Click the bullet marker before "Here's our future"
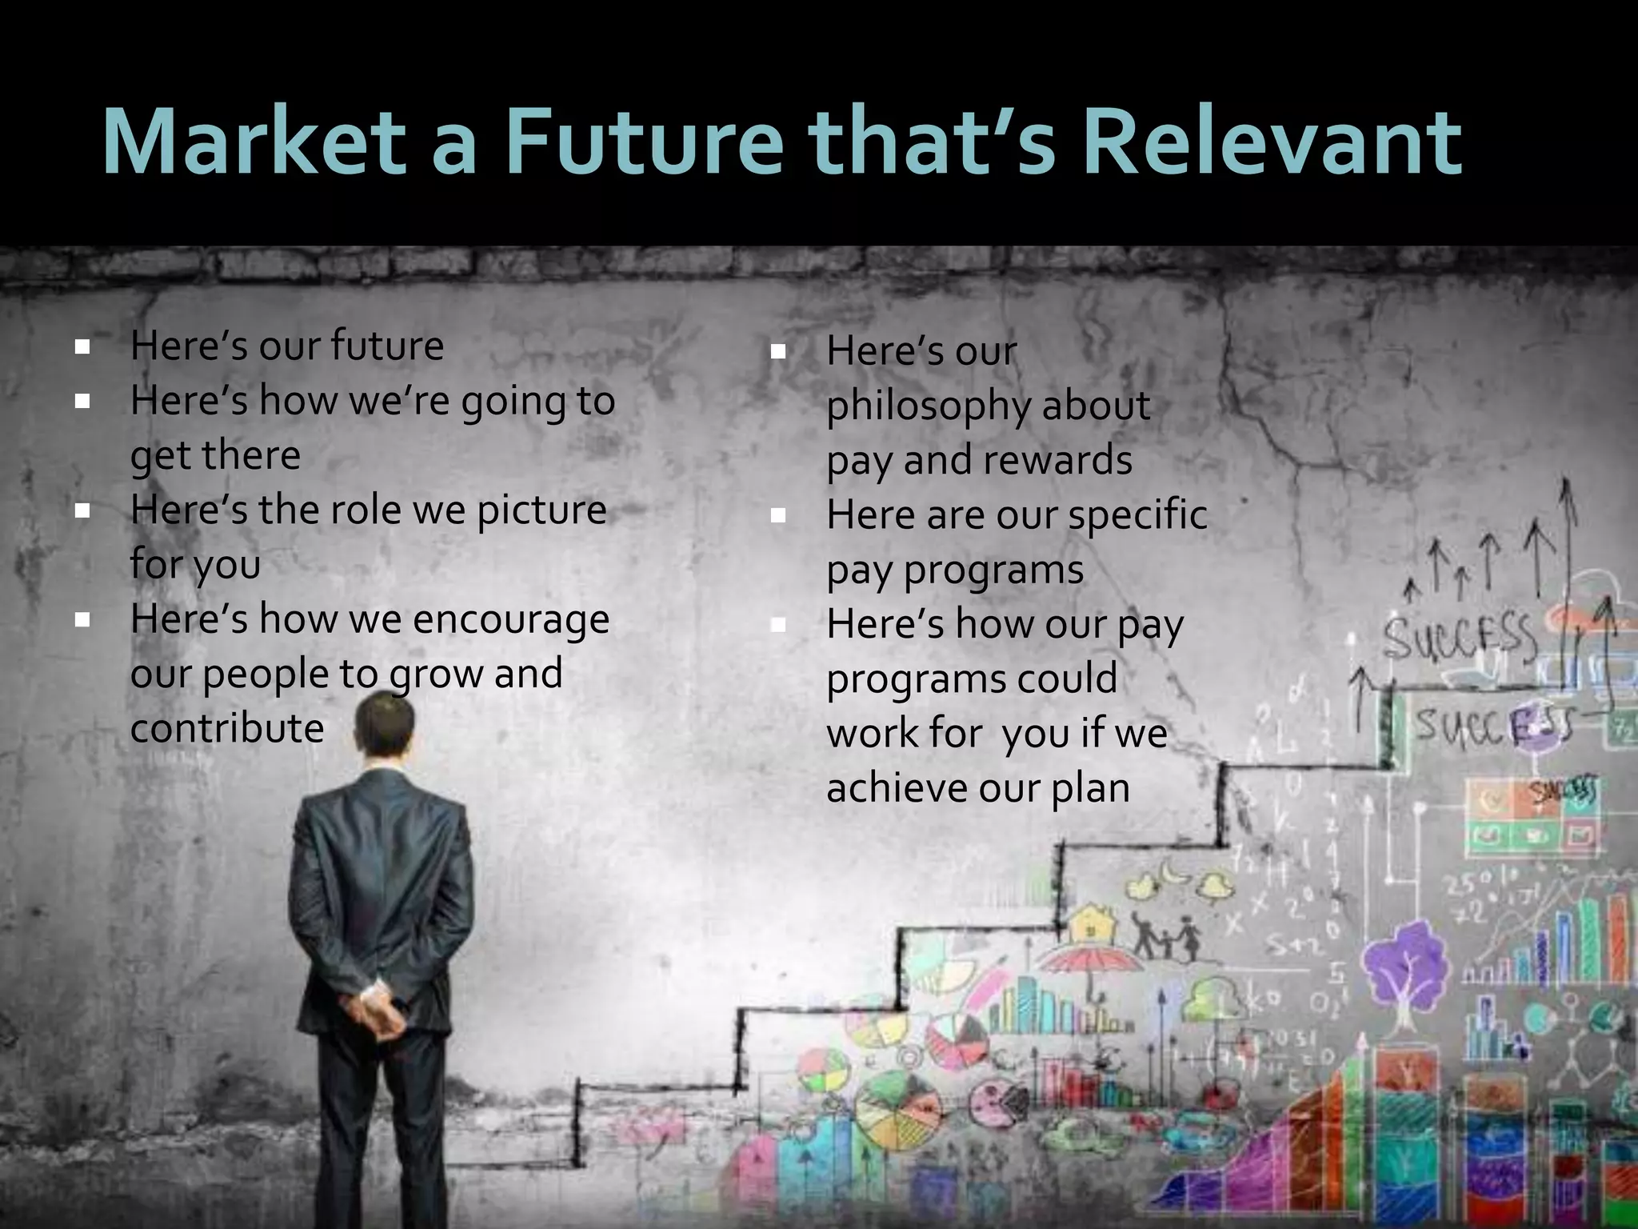point(82,347)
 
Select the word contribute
point(227,728)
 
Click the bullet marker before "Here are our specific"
point(778,517)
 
